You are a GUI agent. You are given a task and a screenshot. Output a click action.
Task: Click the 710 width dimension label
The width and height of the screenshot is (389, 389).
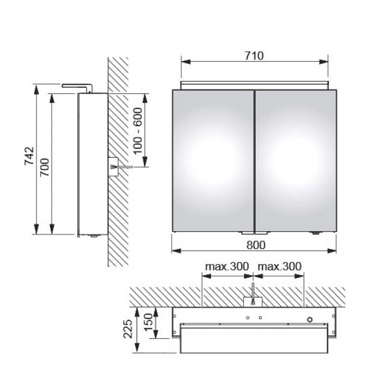[255, 56]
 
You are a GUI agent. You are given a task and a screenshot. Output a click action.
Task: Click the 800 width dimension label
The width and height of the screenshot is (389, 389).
[256, 245]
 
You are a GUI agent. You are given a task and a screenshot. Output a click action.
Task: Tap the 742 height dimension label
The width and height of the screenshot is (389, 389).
[29, 156]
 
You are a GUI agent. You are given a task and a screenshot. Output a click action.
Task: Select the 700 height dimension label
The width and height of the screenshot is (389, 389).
[45, 167]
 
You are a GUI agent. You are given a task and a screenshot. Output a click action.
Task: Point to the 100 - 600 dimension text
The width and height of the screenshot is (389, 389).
[138, 131]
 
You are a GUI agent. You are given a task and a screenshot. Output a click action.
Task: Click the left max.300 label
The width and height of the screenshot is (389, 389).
[227, 266]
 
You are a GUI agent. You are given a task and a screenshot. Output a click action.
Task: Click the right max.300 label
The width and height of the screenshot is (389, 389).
[280, 266]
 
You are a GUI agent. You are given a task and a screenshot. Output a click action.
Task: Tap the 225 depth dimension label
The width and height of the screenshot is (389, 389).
[128, 329]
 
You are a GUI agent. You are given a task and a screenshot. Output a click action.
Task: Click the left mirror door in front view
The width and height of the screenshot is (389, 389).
[213, 161]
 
